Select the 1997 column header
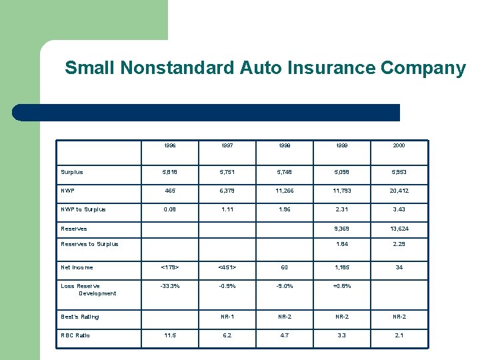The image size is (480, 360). coord(229,145)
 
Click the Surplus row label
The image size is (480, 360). coord(72,172)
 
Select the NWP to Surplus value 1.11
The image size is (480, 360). coord(229,209)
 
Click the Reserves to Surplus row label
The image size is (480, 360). coord(89,244)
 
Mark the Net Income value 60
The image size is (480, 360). coord(285,267)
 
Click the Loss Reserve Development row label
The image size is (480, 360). coord(88,289)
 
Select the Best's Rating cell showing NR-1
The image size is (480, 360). coord(229,317)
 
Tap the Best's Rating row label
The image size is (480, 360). coord(80,317)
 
